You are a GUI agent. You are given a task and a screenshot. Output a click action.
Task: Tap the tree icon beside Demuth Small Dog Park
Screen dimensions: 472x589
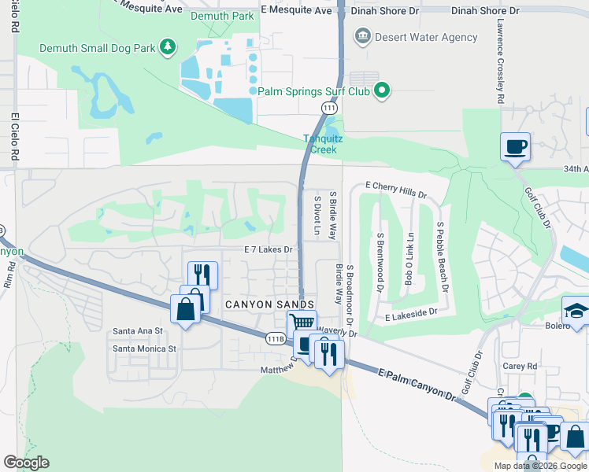coord(167,48)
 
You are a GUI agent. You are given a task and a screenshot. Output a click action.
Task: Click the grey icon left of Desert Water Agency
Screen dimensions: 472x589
coord(362,36)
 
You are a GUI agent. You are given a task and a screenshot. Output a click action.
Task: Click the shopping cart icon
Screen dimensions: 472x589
coord(302,323)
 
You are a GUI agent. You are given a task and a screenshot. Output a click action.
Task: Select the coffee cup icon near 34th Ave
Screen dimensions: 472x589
coord(515,146)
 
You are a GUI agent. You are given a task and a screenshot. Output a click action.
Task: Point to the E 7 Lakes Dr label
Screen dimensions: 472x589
coord(269,249)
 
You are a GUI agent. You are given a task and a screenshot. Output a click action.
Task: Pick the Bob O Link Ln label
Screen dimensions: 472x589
coord(409,259)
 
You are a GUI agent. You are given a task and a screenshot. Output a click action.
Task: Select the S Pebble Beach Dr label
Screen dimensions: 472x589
coord(442,256)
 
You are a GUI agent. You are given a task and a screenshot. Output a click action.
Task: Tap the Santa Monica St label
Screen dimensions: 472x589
coord(143,348)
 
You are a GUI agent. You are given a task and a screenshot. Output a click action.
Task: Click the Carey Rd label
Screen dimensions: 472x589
coord(521,366)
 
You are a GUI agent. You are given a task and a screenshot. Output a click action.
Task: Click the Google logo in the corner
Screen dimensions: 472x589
coord(26,463)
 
